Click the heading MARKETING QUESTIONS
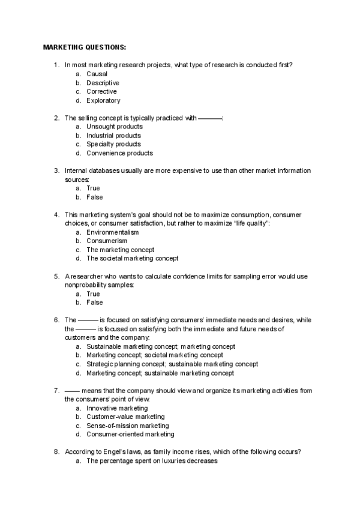coord(84,47)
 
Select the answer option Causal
coord(97,74)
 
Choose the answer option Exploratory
coord(103,101)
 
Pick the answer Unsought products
coord(114,127)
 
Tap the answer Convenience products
coord(119,153)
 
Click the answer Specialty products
coord(113,144)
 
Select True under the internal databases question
coord(93,188)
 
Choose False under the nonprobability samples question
coord(94,303)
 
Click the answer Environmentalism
coord(112,232)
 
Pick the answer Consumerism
coord(107,241)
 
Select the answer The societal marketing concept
coord(132,259)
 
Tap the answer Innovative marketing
coord(116,408)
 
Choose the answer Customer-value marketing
coord(125,417)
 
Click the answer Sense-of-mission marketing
coord(127,425)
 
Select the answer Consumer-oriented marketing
coord(130,434)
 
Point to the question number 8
coord(56,451)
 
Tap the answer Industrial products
coord(113,136)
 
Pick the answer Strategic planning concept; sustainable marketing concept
coord(172,364)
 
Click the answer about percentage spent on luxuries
coord(151,460)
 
